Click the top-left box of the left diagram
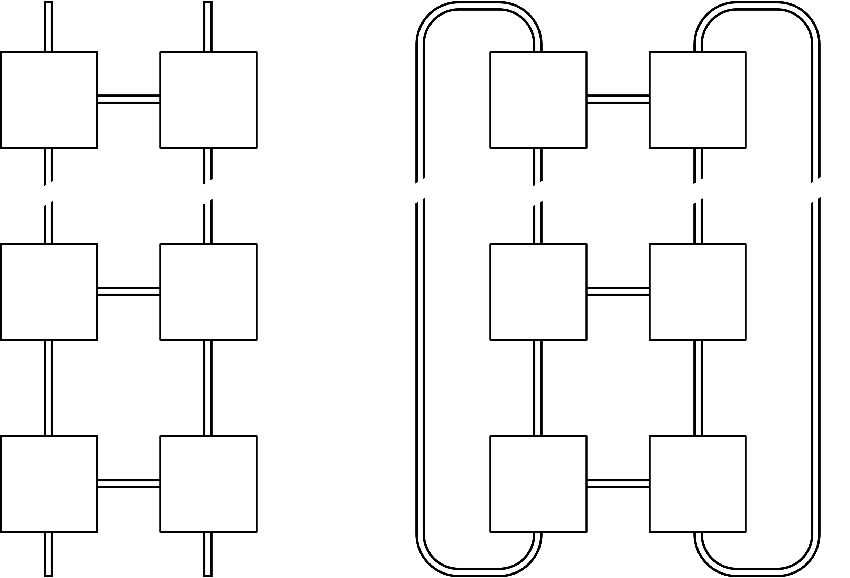tap(49, 100)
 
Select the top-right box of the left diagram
tap(209, 100)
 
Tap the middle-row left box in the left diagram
tap(49, 292)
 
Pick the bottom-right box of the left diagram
tap(209, 484)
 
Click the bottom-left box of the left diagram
tap(49, 484)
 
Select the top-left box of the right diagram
tap(538, 100)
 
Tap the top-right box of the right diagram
tap(697, 100)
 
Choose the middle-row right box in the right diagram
tap(697, 292)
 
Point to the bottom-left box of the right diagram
tap(538, 484)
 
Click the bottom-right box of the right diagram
tap(697, 484)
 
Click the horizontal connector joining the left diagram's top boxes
tap(129, 100)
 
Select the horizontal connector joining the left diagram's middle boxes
tap(129, 291)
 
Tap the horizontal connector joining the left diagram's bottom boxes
tap(129, 483)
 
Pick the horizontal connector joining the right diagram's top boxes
tap(618, 100)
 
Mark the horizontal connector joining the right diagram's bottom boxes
tap(618, 483)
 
